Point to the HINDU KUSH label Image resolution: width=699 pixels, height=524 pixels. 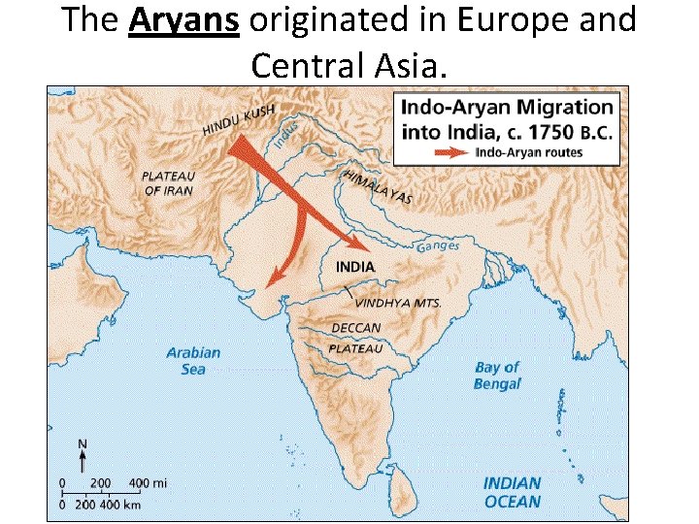[239, 118]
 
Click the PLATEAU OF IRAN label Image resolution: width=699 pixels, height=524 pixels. [168, 183]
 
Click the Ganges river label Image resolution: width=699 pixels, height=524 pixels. [438, 246]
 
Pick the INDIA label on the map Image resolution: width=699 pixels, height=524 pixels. [355, 266]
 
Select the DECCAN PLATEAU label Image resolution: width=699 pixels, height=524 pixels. [355, 338]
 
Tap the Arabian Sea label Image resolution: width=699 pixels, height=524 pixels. [193, 361]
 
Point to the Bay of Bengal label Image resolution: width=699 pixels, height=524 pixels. [497, 375]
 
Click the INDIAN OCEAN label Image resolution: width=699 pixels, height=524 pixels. [512, 492]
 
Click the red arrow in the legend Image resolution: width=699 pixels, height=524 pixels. [449, 152]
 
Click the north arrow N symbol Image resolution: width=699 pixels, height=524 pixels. [83, 454]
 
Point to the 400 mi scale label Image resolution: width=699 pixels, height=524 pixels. [149, 482]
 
